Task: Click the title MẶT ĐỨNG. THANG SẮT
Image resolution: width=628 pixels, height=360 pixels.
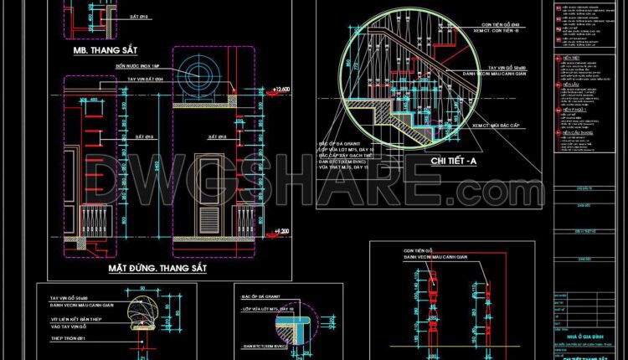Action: (157, 270)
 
